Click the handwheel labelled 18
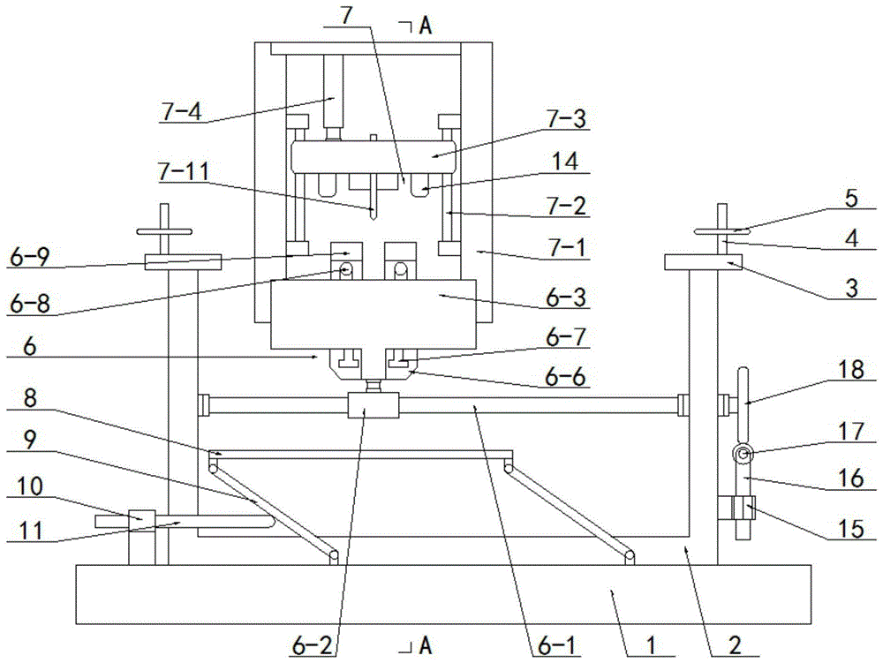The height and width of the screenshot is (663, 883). tap(743, 388)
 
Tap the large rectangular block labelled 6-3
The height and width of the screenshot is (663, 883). tap(374, 313)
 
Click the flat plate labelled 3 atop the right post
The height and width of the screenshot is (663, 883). tap(704, 262)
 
